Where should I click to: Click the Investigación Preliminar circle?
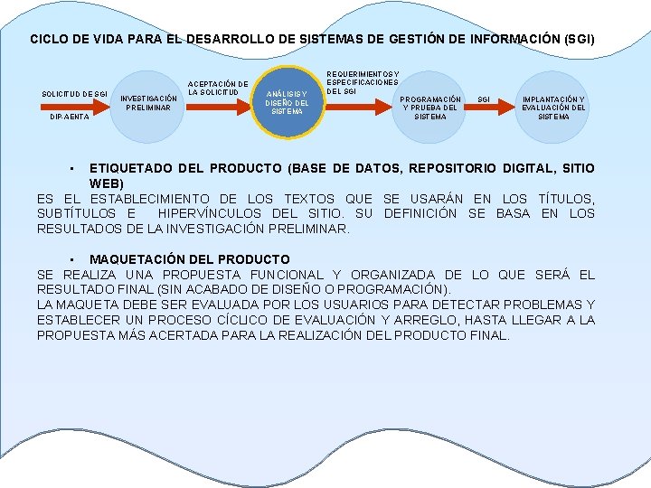[x=148, y=105]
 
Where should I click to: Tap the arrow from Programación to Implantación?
[x=486, y=108]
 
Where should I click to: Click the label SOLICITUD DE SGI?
[x=76, y=94]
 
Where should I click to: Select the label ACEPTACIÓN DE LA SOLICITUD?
[x=217, y=89]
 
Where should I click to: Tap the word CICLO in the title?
[x=49, y=40]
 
